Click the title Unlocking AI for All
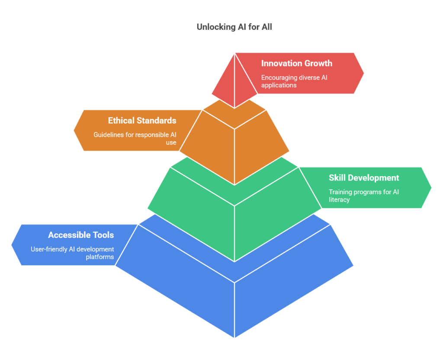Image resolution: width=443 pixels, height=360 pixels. (x=234, y=27)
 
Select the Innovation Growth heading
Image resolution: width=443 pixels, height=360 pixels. (x=297, y=63)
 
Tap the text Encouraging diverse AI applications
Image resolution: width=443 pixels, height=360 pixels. (x=294, y=81)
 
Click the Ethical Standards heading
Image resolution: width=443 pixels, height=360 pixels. (x=142, y=121)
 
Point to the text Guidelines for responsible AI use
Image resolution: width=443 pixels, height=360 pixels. (x=135, y=138)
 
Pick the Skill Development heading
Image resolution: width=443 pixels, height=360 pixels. (x=364, y=178)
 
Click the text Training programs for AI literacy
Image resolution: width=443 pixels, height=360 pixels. (x=364, y=196)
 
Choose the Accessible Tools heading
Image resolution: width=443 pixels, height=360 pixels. (x=81, y=235)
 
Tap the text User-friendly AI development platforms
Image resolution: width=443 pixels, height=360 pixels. (x=72, y=253)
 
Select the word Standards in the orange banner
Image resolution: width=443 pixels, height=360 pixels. (x=156, y=121)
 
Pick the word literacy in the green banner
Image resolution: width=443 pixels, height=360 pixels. (x=339, y=200)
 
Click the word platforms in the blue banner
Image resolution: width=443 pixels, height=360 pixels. (x=100, y=257)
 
